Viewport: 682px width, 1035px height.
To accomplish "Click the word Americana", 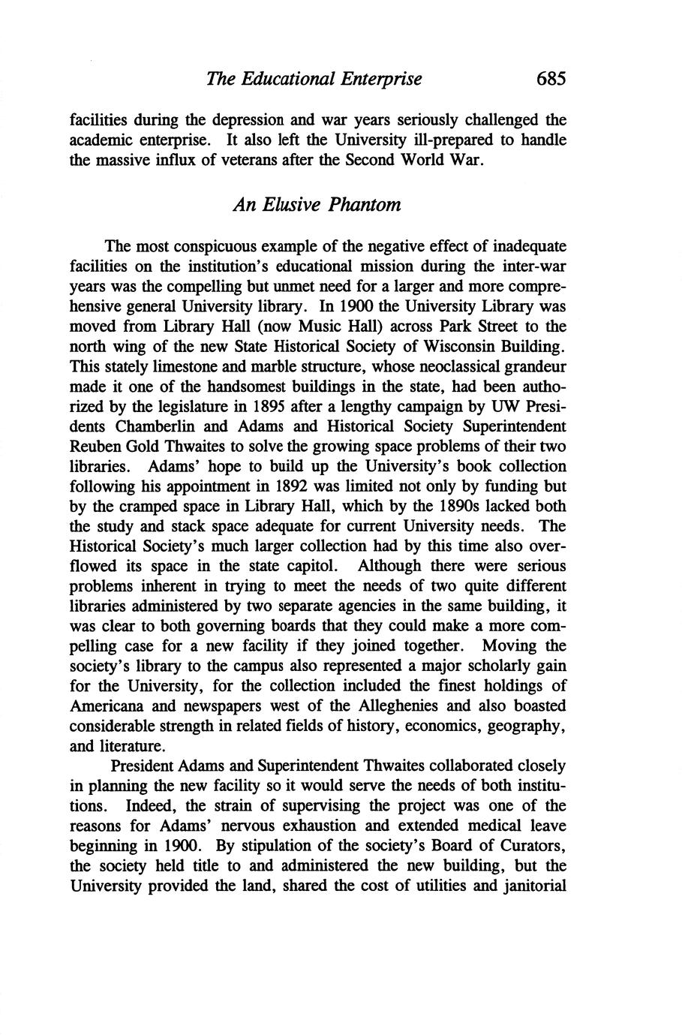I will point(104,706).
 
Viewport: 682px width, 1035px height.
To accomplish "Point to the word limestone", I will point(166,367).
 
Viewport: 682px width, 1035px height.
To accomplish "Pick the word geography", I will point(524,726).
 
